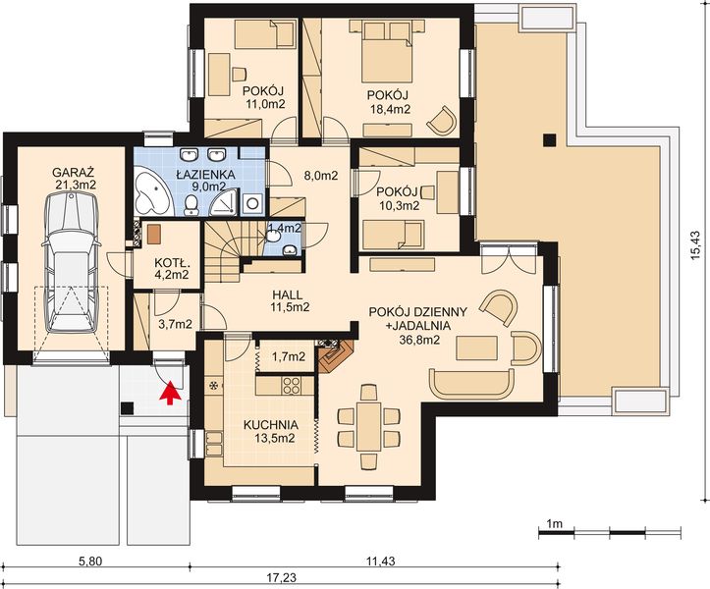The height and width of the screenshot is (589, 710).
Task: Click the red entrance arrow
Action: [170, 392]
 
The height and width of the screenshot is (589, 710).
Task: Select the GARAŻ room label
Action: [73, 173]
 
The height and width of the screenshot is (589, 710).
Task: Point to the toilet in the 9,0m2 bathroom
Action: [191, 204]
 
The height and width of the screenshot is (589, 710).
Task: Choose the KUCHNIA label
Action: [271, 425]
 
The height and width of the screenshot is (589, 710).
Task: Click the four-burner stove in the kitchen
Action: [291, 385]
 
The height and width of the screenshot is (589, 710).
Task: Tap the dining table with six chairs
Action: [369, 427]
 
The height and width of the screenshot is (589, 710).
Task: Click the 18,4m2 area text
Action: [389, 109]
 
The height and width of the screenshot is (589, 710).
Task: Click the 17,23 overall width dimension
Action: [283, 577]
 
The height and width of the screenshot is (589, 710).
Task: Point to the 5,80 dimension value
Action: [90, 562]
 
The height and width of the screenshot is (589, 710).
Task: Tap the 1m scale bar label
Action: [554, 524]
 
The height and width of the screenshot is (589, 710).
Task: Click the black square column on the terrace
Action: [550, 140]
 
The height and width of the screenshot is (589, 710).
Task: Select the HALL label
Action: [287, 295]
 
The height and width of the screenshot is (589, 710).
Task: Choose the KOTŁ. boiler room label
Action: [172, 262]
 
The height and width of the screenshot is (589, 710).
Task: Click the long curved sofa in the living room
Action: [471, 383]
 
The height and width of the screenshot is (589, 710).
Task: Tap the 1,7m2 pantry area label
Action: [289, 356]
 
